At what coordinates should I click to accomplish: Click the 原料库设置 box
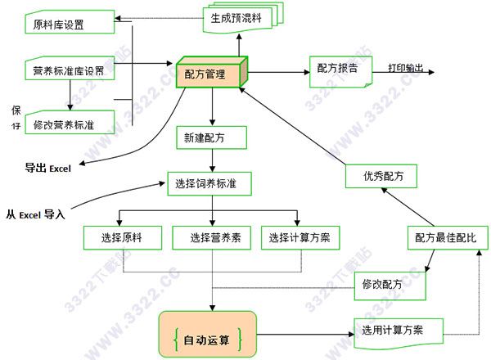64,24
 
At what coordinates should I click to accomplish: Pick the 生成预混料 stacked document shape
241,18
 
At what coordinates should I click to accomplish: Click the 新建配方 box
211,138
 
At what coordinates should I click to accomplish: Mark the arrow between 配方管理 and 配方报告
277,70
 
